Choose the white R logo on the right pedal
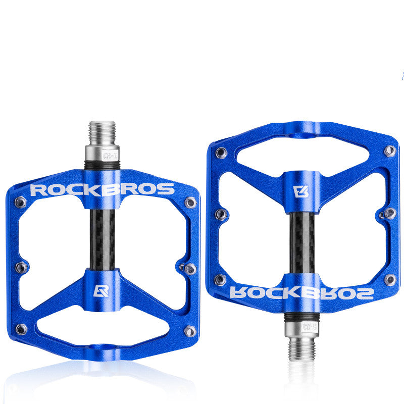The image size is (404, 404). click(300, 191)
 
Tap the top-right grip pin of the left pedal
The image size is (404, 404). click(190, 203)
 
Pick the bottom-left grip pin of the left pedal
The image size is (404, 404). click(21, 329)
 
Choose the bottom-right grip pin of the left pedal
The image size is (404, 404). click(190, 331)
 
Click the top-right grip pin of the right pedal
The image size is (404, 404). click(389, 150)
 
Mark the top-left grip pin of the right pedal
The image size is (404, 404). click(220, 152)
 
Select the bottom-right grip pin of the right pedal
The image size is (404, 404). click(389, 279)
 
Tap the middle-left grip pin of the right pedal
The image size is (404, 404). click(220, 214)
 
